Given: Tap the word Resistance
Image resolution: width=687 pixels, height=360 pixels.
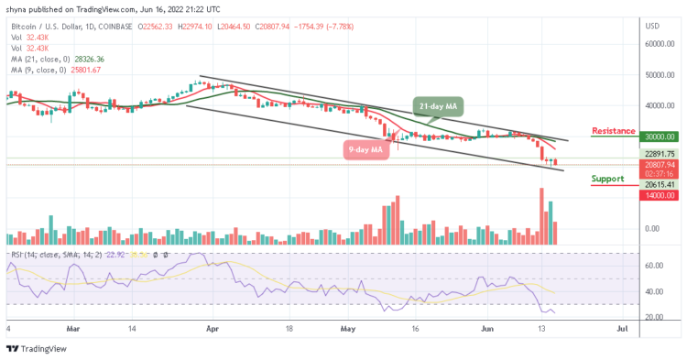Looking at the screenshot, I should click(x=615, y=131).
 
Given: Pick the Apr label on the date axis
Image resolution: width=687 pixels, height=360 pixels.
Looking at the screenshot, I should click(x=213, y=327).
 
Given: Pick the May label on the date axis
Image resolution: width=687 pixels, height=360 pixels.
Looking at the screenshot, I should click(x=347, y=327).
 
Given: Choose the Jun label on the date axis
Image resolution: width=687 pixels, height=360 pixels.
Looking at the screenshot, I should click(x=486, y=327).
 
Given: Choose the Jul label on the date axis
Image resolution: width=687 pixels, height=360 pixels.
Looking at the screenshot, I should click(x=622, y=327).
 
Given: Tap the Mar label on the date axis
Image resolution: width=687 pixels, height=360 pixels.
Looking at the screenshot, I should click(x=75, y=327).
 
